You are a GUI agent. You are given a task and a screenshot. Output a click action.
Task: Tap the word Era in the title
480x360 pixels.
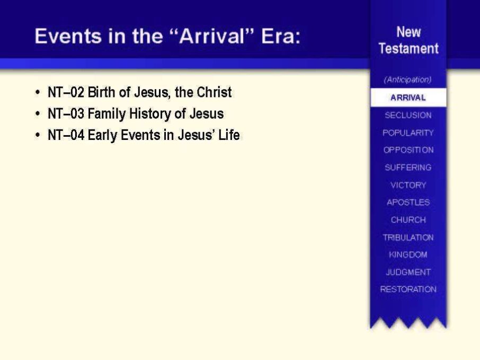281,36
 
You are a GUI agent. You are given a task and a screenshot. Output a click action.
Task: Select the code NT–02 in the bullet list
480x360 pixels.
66,92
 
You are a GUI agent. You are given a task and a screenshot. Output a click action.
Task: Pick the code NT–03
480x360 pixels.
66,113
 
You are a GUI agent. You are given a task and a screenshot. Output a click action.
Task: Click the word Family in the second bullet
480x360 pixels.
106,114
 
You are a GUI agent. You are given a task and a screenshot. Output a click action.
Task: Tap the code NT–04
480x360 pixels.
66,135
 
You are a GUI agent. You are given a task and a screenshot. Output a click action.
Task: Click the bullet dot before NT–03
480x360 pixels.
38,114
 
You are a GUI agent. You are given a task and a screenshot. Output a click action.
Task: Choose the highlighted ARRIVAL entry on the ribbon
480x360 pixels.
408,98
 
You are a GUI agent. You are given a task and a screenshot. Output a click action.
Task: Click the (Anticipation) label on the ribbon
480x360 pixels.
408,80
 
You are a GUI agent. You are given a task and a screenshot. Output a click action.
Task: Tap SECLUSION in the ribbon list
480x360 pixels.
408,115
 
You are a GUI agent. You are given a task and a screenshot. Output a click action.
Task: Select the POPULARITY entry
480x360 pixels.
408,133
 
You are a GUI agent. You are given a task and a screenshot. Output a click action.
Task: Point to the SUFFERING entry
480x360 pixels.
408,168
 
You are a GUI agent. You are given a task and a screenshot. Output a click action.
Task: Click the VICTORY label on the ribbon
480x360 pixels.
408,185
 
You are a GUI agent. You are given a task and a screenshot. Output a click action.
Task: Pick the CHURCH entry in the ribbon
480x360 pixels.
408,219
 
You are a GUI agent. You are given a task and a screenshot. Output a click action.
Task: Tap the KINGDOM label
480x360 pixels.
408,254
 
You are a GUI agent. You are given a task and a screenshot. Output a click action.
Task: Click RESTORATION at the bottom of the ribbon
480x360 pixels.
408,289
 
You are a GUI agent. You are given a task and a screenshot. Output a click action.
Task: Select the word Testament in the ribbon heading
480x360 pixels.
408,48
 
